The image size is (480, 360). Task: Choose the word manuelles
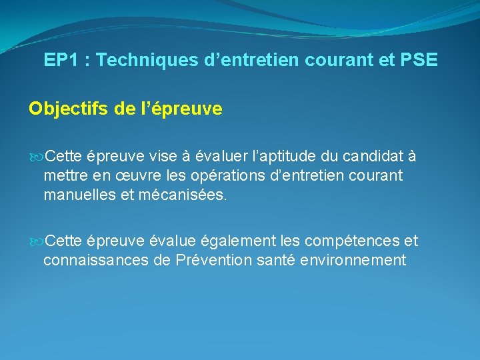point(79,196)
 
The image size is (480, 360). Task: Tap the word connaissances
point(95,260)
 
